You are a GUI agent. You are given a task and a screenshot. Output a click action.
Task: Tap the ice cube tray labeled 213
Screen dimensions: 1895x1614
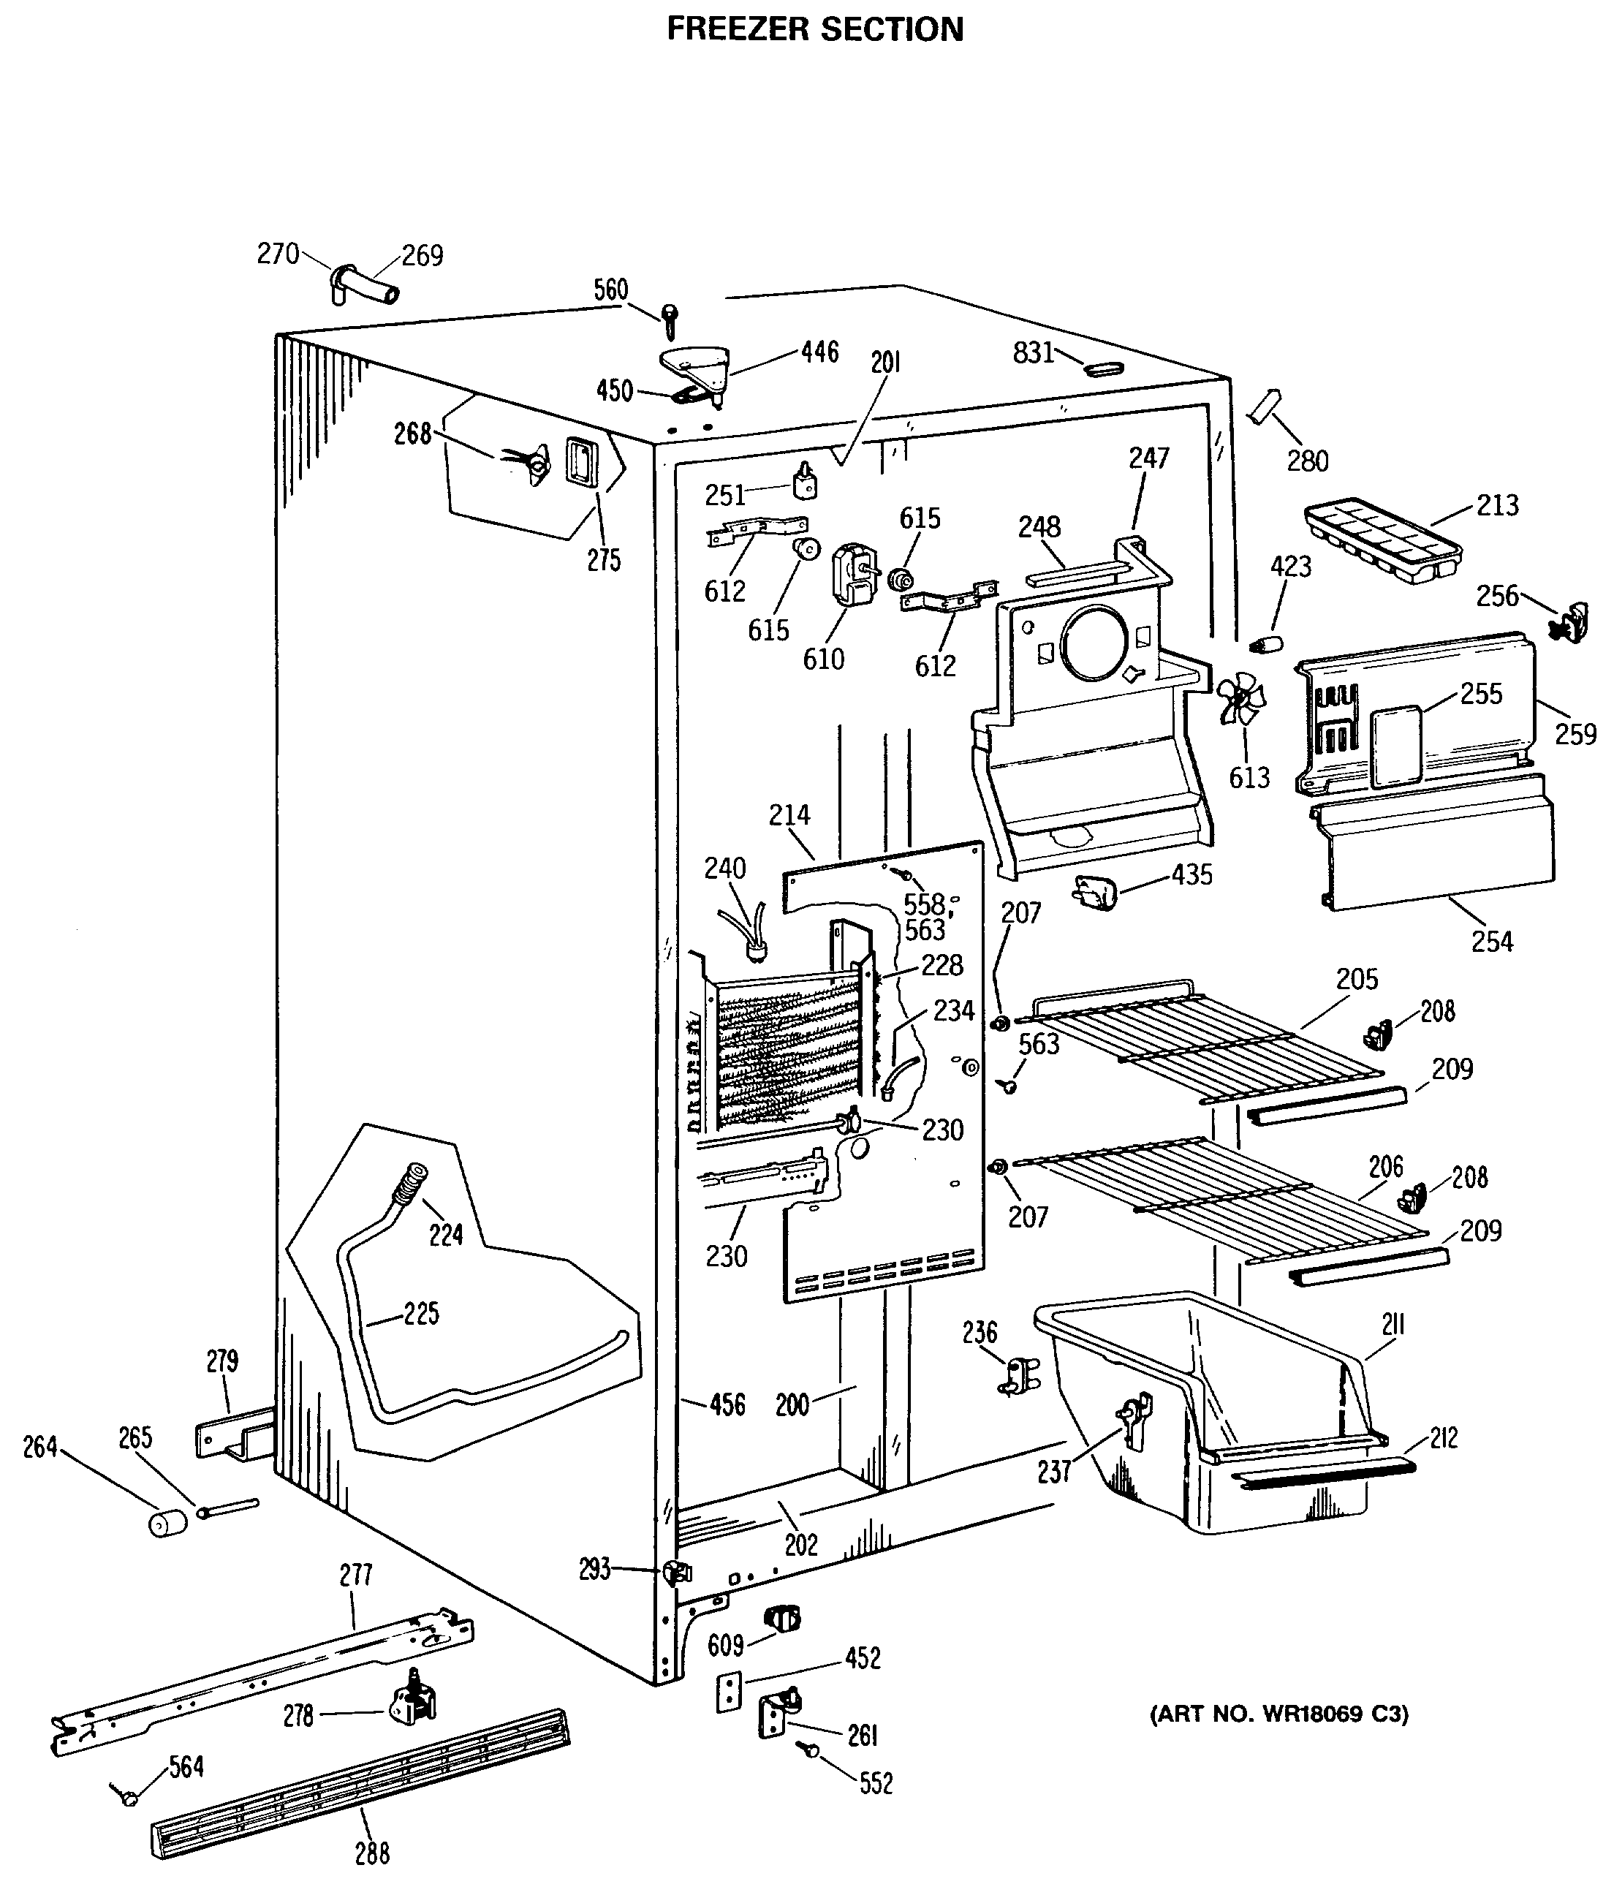tap(1382, 542)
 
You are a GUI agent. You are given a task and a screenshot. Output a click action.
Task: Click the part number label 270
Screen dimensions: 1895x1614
tap(278, 254)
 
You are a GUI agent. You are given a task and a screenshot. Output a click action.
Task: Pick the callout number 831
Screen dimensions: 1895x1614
tap(1034, 352)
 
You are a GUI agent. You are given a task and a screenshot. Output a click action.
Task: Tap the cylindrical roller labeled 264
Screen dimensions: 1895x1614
tap(167, 1523)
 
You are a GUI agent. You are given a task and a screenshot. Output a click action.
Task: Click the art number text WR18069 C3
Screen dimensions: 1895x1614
tap(1278, 1713)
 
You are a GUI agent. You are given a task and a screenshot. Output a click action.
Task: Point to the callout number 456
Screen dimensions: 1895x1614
tap(727, 1404)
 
